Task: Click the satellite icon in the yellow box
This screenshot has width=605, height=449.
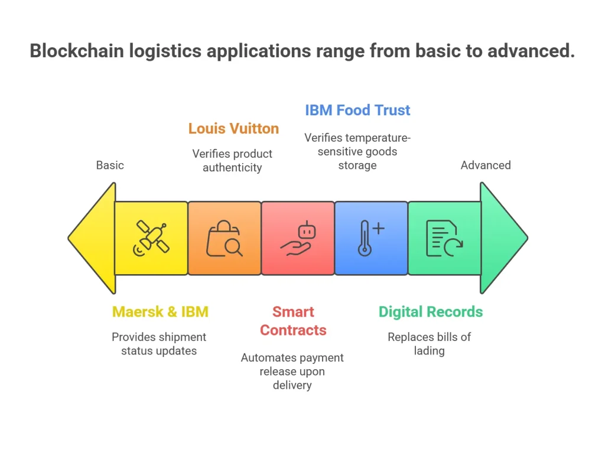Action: click(151, 238)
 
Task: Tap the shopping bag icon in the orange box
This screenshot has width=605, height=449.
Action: click(224, 239)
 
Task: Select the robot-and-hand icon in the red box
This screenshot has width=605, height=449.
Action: click(298, 239)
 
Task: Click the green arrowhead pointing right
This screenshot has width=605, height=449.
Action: click(502, 238)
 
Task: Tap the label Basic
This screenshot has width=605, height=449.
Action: click(110, 165)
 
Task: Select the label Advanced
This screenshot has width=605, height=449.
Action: click(486, 165)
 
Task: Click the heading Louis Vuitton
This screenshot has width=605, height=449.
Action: click(233, 128)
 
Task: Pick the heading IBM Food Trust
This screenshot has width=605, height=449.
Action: click(357, 110)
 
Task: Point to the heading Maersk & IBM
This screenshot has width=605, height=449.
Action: click(160, 311)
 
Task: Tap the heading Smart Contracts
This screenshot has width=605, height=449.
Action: click(293, 320)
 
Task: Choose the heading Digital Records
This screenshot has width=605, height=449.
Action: click(431, 311)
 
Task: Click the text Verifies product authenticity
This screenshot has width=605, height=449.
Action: click(232, 161)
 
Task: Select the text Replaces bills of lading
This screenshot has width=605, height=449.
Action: click(429, 344)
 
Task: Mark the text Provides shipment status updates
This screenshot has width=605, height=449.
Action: click(159, 344)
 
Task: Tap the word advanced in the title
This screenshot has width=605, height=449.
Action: click(530, 51)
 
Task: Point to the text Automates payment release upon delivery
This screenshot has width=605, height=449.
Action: click(292, 371)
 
